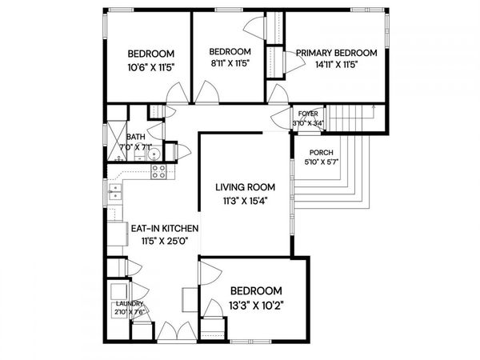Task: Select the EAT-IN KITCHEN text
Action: pos(165,228)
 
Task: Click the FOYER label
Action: pos(308,114)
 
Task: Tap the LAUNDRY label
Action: pos(129,304)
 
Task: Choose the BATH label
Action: pos(134,137)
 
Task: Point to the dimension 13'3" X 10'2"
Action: pos(256,303)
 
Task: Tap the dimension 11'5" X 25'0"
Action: pos(165,240)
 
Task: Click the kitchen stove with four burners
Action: pos(157,170)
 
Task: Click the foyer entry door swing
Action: pos(280,120)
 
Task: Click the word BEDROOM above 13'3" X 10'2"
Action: pos(256,290)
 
